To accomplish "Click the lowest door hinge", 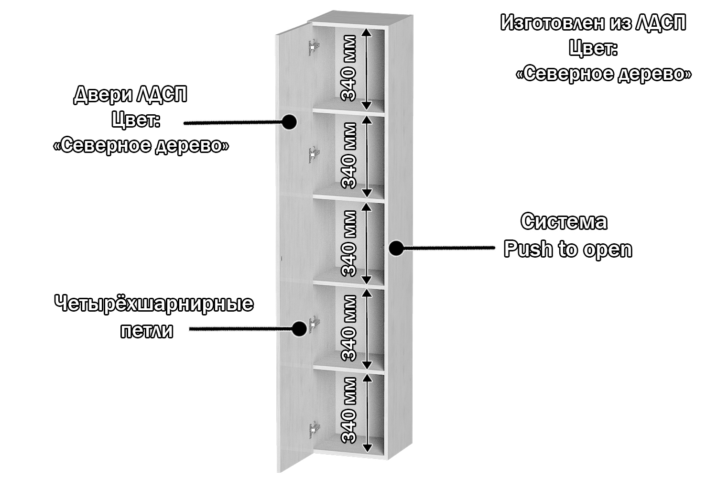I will coord(314,431).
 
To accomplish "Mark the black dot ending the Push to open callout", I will coord(395,248).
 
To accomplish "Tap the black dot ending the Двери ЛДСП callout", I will coord(289,122).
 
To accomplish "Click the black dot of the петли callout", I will coord(299,329).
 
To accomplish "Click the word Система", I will coord(564,222).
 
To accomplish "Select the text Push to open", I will coord(568,250).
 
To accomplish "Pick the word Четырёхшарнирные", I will coord(154,304).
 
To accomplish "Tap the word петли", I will coord(146,331).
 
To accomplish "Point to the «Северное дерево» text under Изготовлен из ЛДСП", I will coord(603,75).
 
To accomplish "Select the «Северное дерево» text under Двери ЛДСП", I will coord(141,146).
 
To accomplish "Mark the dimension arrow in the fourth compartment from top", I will coord(367,328).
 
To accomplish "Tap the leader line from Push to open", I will coord(447,248).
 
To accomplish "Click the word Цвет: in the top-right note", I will coord(593,48).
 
